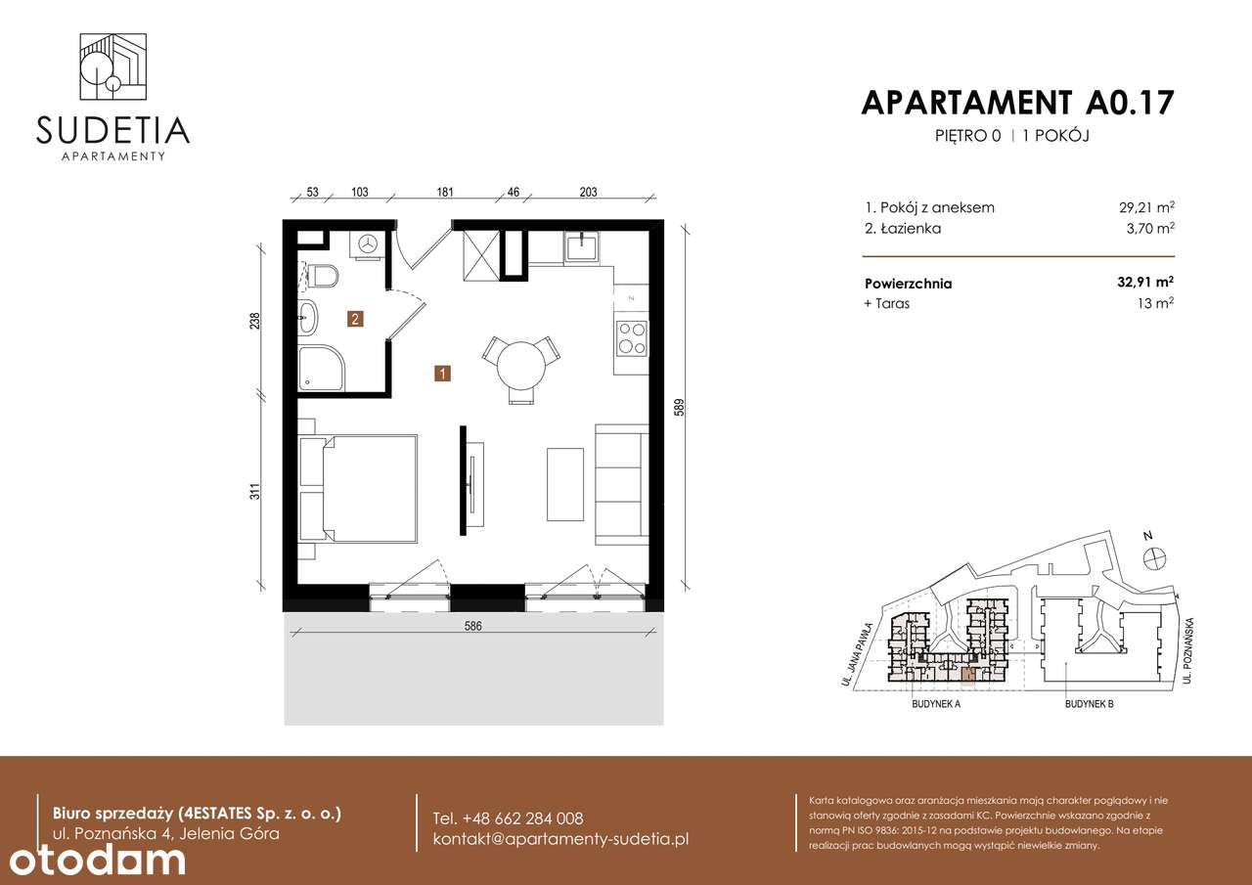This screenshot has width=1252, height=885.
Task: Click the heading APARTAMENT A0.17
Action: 1017,103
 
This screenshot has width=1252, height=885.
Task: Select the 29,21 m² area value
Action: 1146,207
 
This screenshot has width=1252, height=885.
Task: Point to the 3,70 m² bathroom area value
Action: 1149,229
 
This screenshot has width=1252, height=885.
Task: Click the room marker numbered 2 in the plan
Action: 356,318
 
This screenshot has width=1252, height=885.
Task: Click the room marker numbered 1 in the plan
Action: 443,373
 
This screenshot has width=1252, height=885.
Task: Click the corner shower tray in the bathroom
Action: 320,367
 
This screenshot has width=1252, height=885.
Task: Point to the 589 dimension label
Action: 678,407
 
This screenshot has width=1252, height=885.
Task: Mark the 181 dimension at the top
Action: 445,193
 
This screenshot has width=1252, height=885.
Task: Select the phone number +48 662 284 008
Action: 508,819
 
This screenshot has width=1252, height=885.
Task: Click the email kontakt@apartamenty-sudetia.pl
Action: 560,839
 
